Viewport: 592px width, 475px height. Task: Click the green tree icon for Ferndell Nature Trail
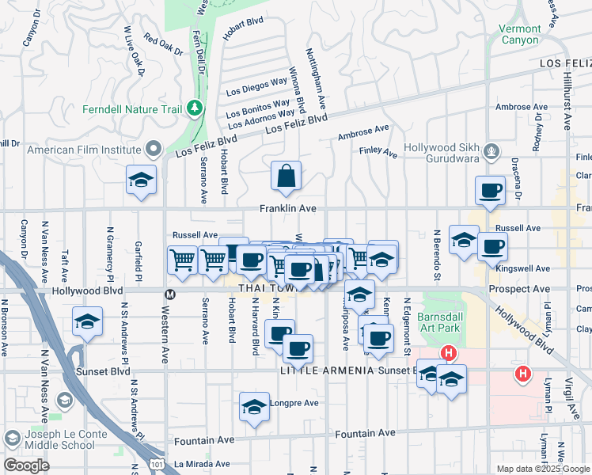click(195, 108)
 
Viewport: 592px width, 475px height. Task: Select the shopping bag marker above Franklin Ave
click(286, 177)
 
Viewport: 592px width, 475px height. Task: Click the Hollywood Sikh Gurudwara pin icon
click(491, 149)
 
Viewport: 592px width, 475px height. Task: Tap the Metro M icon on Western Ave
click(168, 294)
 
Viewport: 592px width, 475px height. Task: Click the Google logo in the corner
click(25, 465)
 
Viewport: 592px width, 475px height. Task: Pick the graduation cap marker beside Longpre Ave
click(253, 408)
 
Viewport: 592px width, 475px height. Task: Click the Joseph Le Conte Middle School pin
click(13, 438)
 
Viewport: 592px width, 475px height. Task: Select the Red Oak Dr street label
click(164, 45)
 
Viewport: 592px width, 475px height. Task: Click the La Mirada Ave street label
click(202, 464)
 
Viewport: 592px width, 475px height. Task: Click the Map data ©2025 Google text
click(543, 469)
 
